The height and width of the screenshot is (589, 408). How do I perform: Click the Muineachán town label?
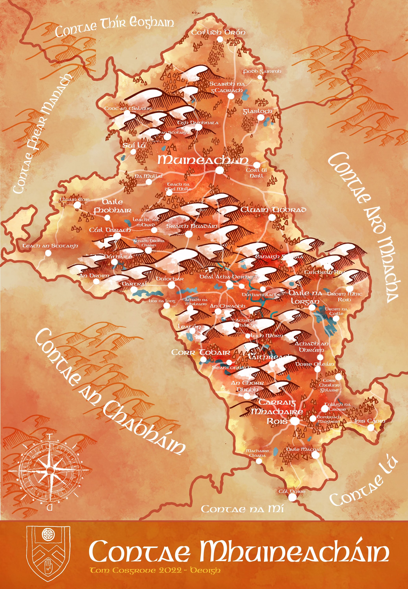(x=202, y=160)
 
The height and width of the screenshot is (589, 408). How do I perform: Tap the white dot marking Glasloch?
(x=260, y=117)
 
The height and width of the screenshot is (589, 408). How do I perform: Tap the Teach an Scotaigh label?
(x=50, y=246)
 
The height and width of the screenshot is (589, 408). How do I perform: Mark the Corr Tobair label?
(x=201, y=353)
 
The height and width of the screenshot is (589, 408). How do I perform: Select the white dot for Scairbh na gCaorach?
(x=231, y=96)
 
